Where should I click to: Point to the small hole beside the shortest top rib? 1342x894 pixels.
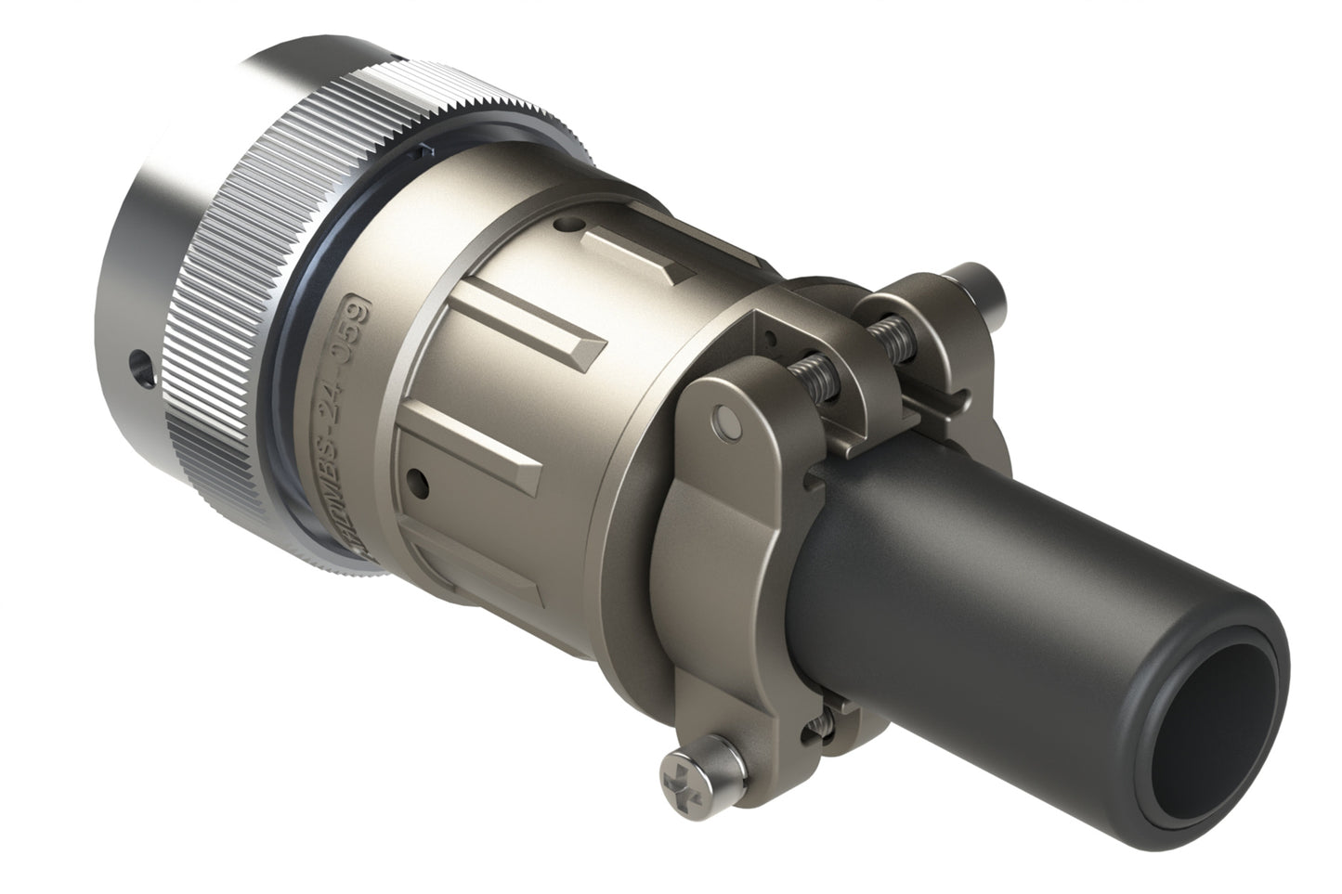(564, 224)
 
